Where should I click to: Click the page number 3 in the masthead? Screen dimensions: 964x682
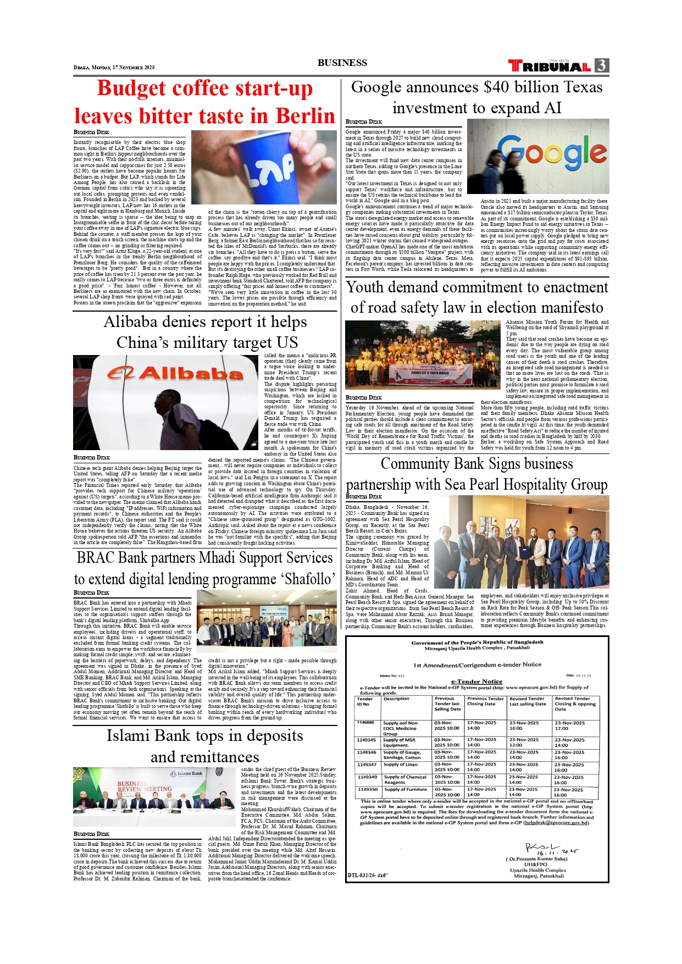[x=602, y=65]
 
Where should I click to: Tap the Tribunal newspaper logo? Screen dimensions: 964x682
[x=550, y=66]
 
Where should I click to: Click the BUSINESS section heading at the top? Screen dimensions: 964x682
[x=342, y=63]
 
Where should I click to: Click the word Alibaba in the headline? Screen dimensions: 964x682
[x=135, y=322]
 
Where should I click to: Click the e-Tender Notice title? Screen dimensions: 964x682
[x=476, y=682]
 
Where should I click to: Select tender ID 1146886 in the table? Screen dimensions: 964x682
[x=365, y=723]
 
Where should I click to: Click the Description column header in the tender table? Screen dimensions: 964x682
[x=396, y=699]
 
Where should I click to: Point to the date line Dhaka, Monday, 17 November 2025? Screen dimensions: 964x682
[x=114, y=68]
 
